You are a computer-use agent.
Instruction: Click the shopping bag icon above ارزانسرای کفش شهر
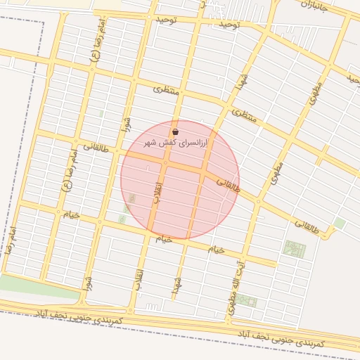coord(175,131)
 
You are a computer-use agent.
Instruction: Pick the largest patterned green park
coord(294,248)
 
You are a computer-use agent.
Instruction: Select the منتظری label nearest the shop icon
coord(167,90)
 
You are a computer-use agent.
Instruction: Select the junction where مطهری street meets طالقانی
coord(259,202)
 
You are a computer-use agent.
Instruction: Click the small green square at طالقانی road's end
coord(340,223)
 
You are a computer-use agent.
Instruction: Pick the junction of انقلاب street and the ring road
coord(130,309)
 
